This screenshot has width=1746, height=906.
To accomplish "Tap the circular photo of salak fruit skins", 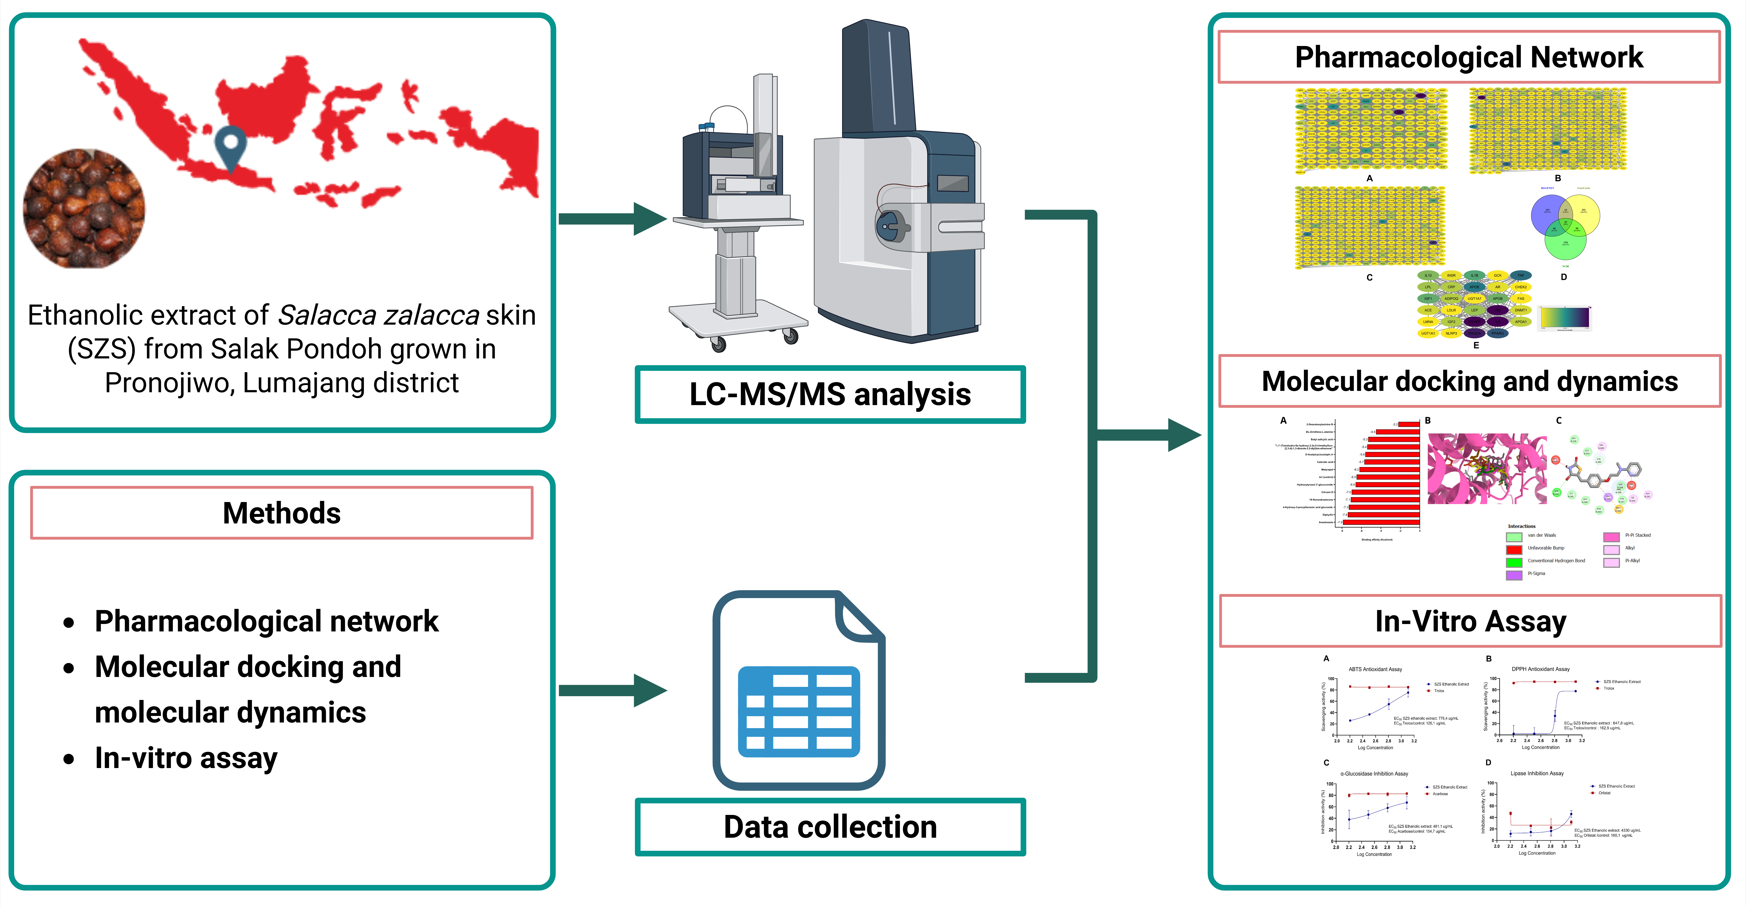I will (84, 208).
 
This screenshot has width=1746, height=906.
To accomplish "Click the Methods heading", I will (281, 513).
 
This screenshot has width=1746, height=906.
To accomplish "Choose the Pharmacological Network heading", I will (1469, 57).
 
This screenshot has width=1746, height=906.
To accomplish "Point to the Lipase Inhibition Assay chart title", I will (1537, 773).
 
